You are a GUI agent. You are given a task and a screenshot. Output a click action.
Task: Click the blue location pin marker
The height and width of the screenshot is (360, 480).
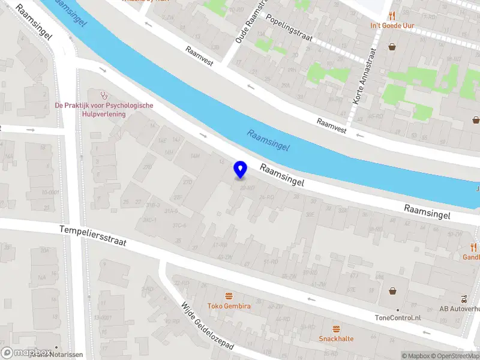pos(240,169)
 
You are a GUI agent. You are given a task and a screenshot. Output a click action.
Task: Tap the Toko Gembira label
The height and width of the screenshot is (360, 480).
pos(229,306)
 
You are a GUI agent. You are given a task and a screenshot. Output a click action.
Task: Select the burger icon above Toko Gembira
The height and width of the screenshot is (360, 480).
pos(229,296)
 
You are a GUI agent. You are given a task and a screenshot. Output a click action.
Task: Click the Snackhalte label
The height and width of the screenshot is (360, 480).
pos(336,338)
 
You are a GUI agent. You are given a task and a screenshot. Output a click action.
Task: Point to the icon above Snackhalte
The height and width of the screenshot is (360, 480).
pos(336,328)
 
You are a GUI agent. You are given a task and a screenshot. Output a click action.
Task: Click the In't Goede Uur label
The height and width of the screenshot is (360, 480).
pos(392,26)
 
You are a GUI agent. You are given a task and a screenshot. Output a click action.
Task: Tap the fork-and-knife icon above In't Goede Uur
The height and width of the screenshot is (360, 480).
pos(392,16)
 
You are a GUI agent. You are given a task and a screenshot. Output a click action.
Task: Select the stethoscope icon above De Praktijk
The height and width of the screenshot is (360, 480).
pos(104,95)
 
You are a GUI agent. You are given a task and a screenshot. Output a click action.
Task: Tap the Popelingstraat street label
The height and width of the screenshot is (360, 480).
pos(290,27)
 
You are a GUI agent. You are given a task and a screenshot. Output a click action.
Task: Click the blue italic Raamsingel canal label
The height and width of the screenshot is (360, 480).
pos(268,139)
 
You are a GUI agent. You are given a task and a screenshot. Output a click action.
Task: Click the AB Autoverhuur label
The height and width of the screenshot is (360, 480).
pos(459,308)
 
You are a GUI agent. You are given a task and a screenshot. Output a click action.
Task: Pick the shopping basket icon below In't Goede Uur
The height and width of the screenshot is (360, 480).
pos(392,46)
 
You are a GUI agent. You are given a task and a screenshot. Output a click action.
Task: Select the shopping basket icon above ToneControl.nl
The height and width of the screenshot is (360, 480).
pos(394,291)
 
